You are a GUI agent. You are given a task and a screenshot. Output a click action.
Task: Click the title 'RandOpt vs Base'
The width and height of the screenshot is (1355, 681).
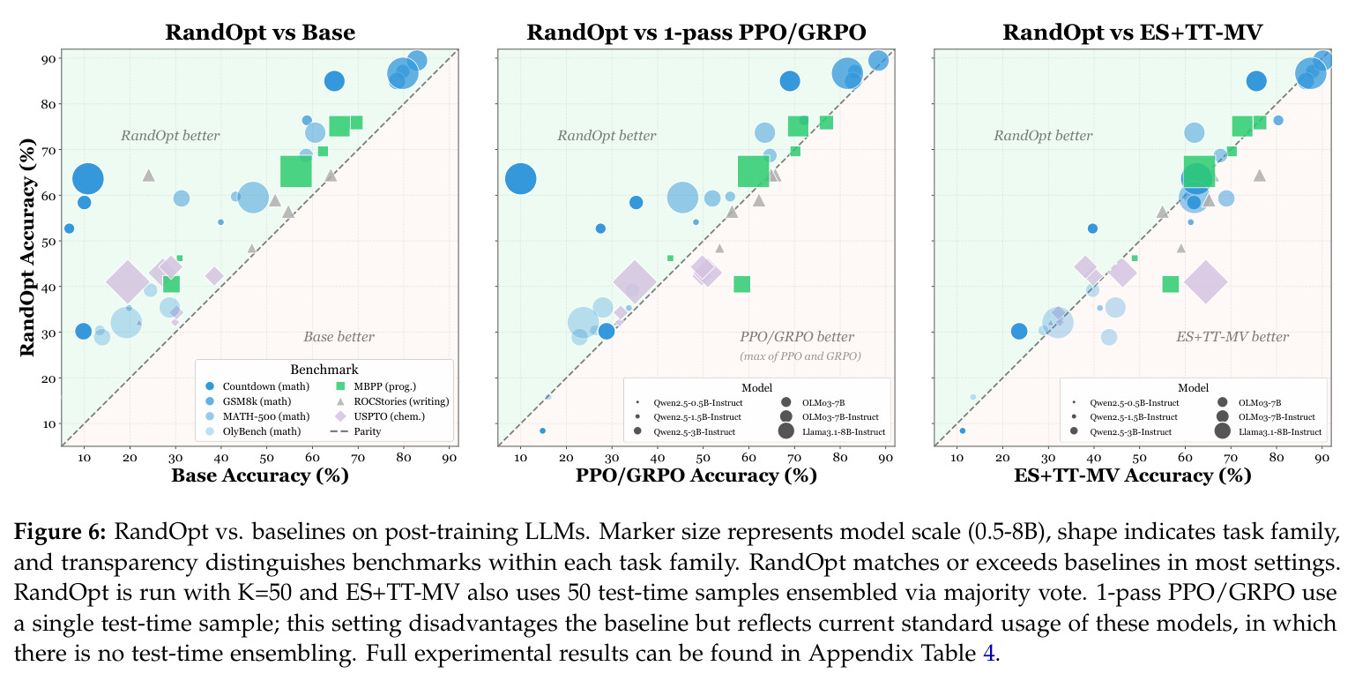point(260,32)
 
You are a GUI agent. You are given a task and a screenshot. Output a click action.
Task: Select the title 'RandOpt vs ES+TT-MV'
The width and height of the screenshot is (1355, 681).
point(1132,32)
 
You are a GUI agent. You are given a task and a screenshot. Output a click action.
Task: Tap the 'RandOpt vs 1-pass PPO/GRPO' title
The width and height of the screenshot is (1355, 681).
point(696,32)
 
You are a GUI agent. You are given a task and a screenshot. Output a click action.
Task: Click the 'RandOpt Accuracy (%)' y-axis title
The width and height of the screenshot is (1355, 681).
point(27,248)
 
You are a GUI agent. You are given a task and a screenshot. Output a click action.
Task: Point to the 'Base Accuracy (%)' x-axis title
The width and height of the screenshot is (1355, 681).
point(260,475)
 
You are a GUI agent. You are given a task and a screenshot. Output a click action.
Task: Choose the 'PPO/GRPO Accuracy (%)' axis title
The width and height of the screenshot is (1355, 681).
point(696,475)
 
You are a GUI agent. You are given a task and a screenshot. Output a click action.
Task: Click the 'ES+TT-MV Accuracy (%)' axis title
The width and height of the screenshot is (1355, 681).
point(1132,475)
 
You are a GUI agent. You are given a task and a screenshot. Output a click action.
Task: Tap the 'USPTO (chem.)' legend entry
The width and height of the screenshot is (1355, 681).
point(381,416)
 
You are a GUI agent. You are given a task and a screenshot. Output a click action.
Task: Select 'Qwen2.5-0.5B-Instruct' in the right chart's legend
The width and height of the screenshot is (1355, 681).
point(1126,402)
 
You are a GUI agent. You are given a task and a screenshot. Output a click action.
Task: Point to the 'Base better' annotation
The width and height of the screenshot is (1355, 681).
point(339,337)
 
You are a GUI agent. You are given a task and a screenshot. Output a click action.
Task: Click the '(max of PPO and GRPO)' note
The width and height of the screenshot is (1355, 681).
point(800,355)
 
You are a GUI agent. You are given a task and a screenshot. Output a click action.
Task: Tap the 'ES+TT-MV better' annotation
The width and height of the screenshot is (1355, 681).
point(1232,337)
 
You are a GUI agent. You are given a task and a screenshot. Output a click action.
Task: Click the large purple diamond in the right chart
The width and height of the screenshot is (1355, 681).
point(1206,281)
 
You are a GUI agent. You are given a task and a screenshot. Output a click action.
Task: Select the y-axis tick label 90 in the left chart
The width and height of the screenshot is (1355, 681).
point(48,59)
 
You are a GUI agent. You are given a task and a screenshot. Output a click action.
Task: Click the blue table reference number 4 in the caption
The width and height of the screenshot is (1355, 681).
point(988,653)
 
